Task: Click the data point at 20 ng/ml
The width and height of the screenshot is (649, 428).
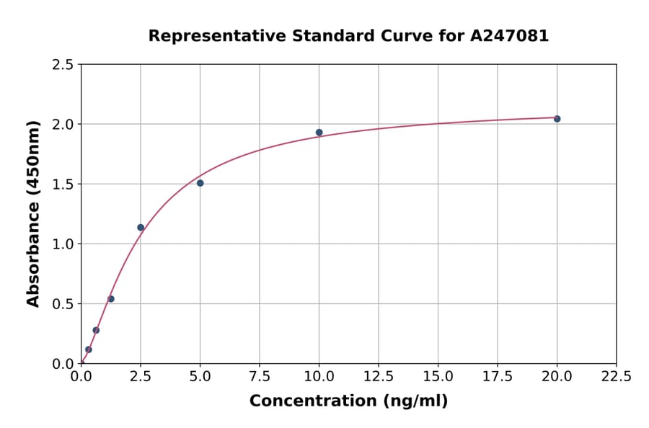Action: (557, 119)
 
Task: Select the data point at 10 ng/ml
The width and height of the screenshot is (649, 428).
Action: (319, 133)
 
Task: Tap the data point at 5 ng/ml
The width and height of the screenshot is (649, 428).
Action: (200, 183)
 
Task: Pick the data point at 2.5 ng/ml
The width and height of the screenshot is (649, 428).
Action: (141, 228)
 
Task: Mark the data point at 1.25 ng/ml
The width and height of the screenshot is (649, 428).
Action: (111, 299)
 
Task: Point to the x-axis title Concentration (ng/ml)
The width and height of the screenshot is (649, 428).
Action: (348, 401)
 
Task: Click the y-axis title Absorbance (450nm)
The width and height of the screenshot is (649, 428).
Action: (33, 213)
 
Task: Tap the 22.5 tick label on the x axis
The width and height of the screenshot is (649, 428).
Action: (616, 376)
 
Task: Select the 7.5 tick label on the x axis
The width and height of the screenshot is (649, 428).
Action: (260, 376)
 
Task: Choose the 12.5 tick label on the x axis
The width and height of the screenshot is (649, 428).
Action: (379, 376)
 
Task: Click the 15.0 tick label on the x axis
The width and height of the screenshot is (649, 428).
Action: (438, 376)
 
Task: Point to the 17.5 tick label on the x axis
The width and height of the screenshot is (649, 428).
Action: (498, 376)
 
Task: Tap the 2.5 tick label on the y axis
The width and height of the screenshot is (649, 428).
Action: (63, 65)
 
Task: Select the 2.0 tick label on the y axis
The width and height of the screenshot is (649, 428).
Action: (63, 125)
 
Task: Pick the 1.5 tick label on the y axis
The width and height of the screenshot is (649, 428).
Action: (63, 184)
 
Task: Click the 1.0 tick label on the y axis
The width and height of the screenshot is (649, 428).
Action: (63, 244)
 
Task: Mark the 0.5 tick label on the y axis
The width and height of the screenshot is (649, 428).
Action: (63, 304)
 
